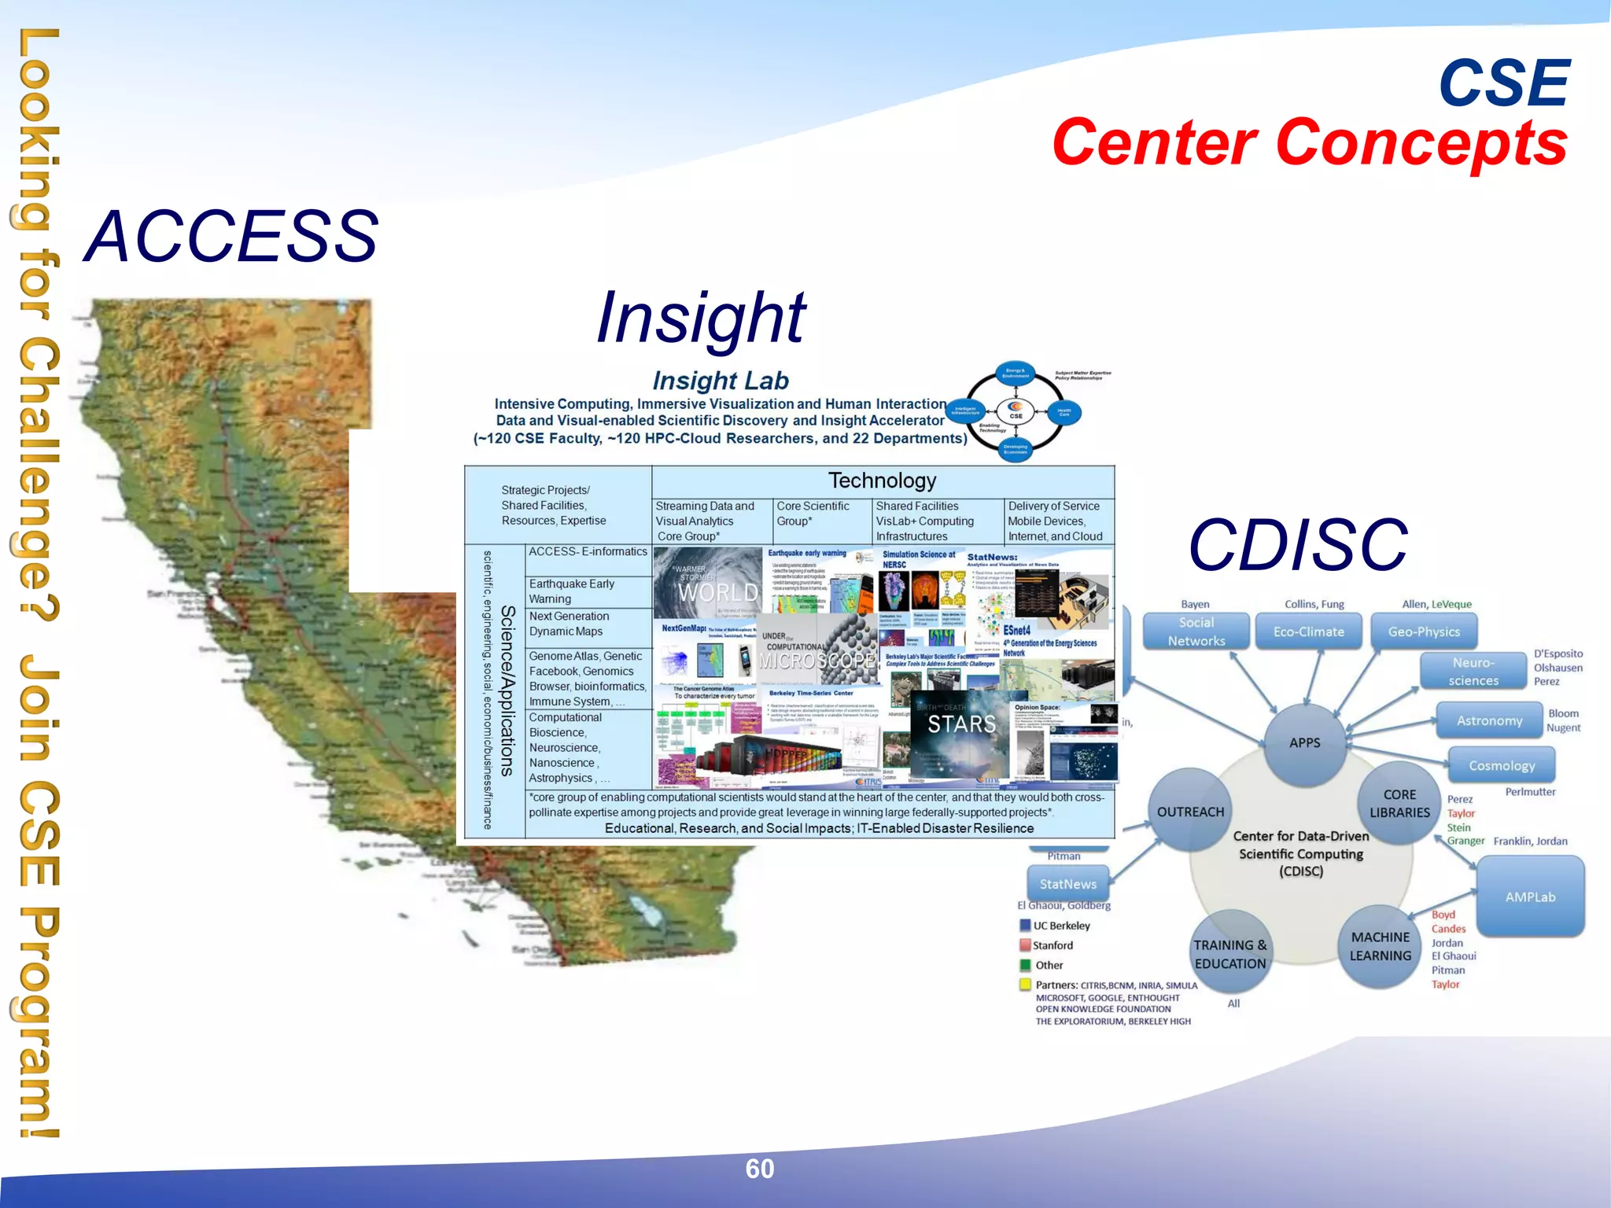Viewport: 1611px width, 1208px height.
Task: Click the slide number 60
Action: click(759, 1169)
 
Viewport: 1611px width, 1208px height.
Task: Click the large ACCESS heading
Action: click(231, 236)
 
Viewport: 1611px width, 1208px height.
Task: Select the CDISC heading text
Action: click(1298, 545)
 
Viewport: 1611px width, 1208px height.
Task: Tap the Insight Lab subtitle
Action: click(721, 381)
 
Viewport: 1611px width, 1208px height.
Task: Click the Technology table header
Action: click(882, 481)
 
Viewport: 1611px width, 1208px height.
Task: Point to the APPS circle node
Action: click(1304, 743)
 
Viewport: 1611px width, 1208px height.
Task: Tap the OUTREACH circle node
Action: click(1190, 812)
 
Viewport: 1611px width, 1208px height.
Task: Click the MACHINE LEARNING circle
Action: click(1380, 947)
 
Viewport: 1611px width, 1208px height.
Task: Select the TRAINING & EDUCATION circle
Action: click(1230, 954)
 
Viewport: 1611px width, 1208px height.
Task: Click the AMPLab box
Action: click(1530, 897)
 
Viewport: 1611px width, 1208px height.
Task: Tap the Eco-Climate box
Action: click(1308, 632)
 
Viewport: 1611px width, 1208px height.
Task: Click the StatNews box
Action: click(1067, 884)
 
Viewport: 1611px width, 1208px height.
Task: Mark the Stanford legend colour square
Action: click(1025, 945)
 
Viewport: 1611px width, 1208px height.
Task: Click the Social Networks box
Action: click(1196, 632)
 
